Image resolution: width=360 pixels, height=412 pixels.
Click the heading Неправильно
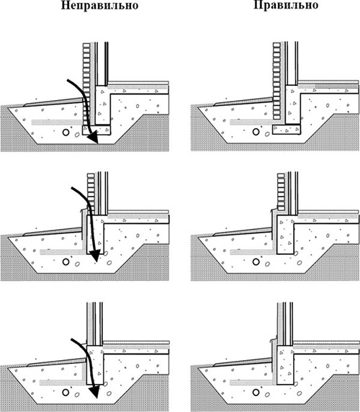coord(100,6)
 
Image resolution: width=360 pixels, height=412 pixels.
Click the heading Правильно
coord(286,5)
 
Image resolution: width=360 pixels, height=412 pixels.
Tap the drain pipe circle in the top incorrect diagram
coord(66,132)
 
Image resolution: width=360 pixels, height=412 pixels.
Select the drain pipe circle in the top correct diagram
coord(256,132)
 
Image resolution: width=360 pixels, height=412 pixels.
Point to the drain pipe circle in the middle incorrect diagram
coord(66,261)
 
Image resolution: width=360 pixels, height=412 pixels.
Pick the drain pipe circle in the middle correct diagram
coord(256,261)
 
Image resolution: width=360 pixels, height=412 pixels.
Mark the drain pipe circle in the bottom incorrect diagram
coord(66,393)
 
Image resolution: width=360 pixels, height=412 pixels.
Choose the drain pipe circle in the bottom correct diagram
coord(256,393)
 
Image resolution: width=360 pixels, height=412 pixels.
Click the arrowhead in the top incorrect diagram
coord(94,138)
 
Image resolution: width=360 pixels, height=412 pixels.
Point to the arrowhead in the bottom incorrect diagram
coord(96,392)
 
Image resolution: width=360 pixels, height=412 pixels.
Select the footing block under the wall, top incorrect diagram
coord(96,130)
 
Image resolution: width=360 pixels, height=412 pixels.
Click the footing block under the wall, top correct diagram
coord(287,129)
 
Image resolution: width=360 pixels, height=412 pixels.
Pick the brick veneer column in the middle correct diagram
coord(282,192)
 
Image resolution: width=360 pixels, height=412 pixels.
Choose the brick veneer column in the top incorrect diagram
coord(86,84)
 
